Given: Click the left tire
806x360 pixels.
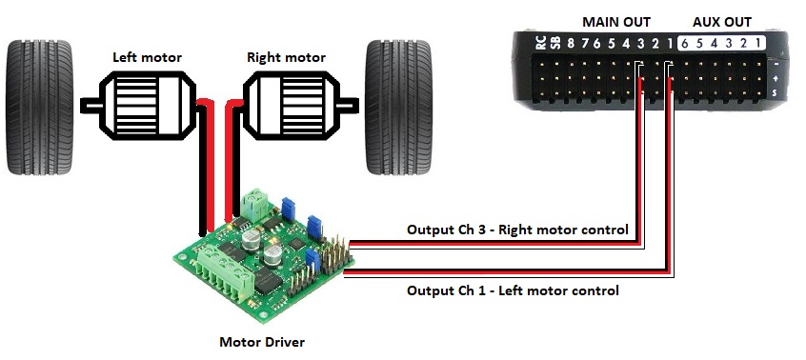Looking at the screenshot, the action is (x=40, y=108).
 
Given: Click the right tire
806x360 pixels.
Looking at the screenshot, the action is (x=398, y=108).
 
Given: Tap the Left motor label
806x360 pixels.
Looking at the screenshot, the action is (x=147, y=57).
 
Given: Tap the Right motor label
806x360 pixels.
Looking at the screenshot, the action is (x=287, y=57).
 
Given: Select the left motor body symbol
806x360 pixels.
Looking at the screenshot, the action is (x=147, y=106).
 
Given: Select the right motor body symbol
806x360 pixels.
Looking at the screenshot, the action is (x=292, y=106).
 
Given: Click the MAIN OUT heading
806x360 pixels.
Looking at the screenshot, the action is (x=616, y=23).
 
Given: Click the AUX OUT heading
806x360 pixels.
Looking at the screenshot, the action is (x=722, y=23).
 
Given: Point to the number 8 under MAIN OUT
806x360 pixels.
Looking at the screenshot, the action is (x=571, y=44).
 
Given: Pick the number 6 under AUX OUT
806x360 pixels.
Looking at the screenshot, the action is (x=684, y=44).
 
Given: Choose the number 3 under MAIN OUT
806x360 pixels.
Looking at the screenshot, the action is (x=640, y=44).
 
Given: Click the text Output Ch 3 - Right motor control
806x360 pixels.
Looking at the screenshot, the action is (x=517, y=230).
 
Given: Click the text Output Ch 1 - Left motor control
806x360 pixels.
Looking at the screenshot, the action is (x=513, y=290).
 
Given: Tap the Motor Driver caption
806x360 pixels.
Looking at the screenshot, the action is (x=262, y=342).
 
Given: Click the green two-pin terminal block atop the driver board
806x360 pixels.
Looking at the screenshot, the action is (x=255, y=205).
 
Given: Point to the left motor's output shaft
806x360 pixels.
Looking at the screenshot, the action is (x=91, y=106).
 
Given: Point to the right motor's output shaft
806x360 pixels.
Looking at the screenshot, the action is (x=349, y=106).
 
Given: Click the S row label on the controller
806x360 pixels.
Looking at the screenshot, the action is (x=776, y=93).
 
